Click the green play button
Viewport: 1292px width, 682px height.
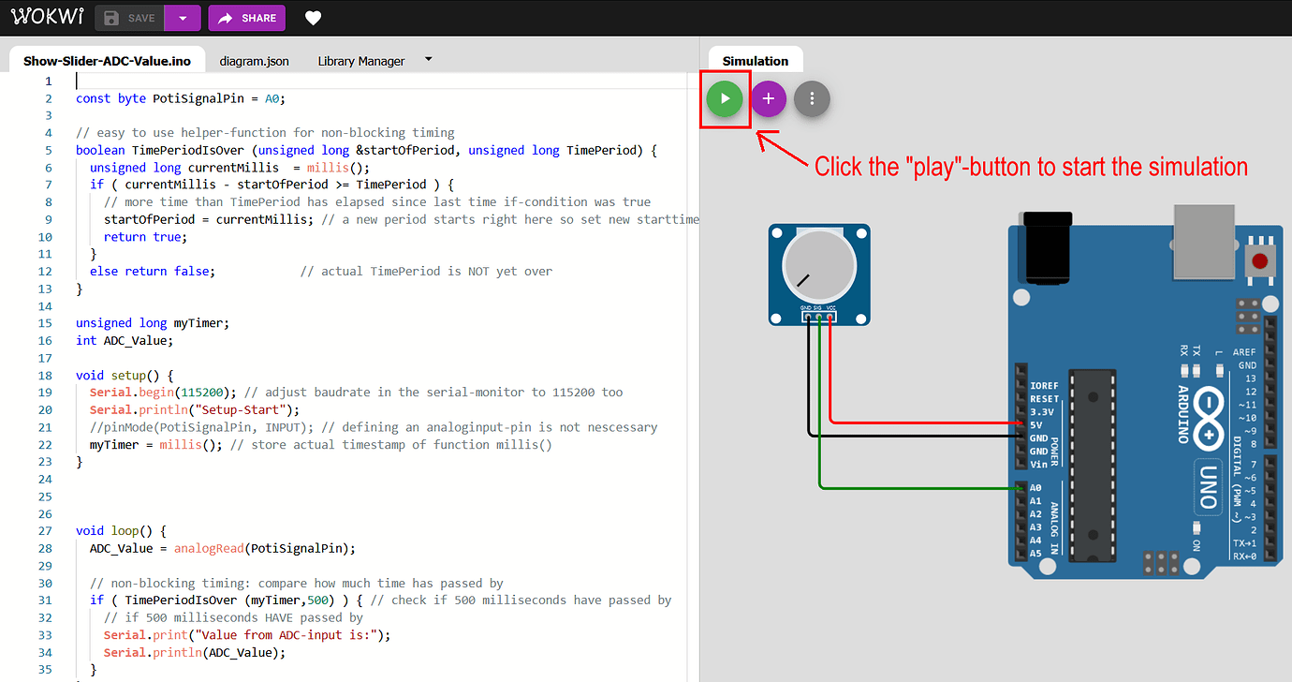tap(725, 98)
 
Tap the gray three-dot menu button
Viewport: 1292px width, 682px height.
tap(812, 98)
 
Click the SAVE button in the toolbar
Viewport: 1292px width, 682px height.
tap(130, 18)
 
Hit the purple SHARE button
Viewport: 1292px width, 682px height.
tap(247, 18)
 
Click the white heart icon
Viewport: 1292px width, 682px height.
tap(314, 19)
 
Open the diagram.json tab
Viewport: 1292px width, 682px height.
tap(254, 61)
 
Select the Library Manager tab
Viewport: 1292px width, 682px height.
tap(361, 61)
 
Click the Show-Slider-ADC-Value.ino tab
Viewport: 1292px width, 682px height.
tap(107, 61)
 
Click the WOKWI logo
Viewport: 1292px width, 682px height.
tap(48, 16)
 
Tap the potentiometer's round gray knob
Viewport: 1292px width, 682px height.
tap(819, 266)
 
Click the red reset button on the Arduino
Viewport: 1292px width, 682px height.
tap(1260, 261)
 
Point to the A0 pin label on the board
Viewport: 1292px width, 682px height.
tap(1035, 488)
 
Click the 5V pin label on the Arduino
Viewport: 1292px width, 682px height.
tap(1035, 425)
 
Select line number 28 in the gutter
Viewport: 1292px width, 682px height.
tap(45, 548)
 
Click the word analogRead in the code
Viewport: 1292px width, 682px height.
tap(209, 548)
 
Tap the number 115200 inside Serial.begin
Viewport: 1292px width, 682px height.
tap(202, 393)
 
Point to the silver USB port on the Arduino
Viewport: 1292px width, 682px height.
tap(1204, 241)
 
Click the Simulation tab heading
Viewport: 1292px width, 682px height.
tap(755, 61)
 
